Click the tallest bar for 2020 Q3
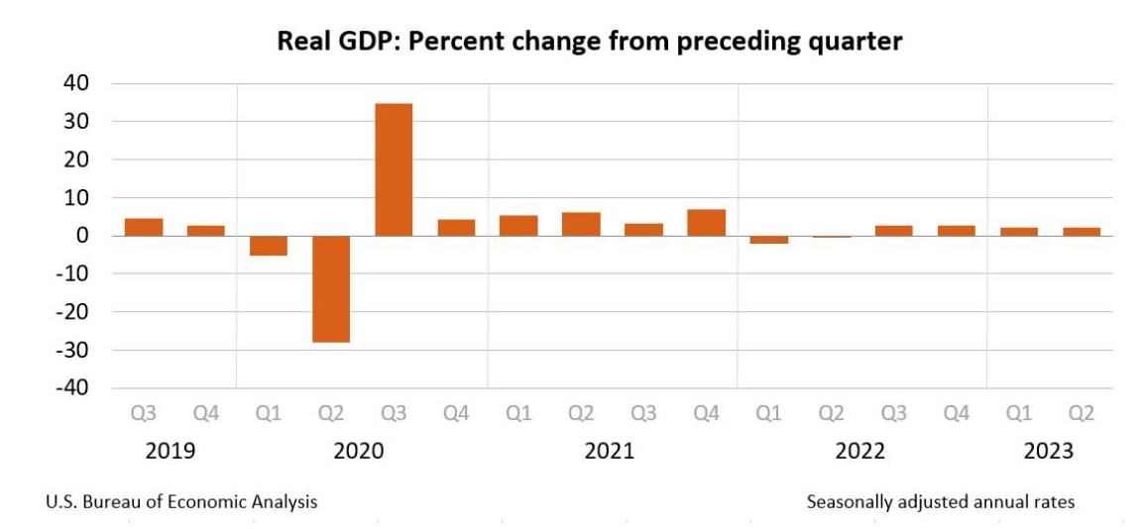394,169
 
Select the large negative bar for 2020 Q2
331,289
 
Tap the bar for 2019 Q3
144,227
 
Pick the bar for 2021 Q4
706,223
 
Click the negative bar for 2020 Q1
269,246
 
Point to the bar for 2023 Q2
1081,232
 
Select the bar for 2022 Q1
768,240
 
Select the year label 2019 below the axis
171,452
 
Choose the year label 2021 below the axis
610,452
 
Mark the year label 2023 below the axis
1048,452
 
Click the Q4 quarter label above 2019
205,414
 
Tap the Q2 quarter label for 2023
1081,414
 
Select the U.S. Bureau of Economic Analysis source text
181,502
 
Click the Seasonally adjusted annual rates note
941,502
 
